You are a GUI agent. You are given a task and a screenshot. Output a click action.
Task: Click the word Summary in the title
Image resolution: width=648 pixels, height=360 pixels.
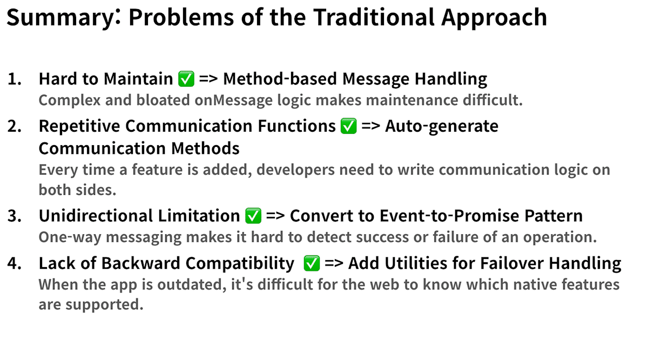pyautogui.click(x=60, y=18)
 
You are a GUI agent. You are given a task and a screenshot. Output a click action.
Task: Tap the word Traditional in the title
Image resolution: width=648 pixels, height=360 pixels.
pyautogui.click(x=374, y=17)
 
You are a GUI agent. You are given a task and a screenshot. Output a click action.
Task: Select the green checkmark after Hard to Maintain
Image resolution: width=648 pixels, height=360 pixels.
pyautogui.click(x=186, y=79)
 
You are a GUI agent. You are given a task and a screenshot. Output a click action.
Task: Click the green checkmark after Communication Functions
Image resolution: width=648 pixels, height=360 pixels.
pyautogui.click(x=349, y=126)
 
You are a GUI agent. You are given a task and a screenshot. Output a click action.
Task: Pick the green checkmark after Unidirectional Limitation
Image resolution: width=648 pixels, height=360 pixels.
pyautogui.click(x=253, y=216)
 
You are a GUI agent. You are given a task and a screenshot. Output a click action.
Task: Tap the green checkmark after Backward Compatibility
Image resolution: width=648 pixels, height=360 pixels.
pyautogui.click(x=312, y=263)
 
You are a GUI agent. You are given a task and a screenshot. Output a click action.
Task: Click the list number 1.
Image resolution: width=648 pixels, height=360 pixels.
pyautogui.click(x=15, y=79)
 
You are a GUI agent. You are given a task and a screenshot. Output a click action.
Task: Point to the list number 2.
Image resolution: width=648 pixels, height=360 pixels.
pyautogui.click(x=15, y=126)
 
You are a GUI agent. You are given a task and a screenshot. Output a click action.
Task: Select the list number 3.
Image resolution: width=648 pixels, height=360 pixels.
pyautogui.click(x=15, y=216)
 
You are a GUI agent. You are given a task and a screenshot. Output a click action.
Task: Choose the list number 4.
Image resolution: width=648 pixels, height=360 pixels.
pyautogui.click(x=15, y=263)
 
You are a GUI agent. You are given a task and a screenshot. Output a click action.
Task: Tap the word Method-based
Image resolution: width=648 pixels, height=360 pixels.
pyautogui.click(x=280, y=79)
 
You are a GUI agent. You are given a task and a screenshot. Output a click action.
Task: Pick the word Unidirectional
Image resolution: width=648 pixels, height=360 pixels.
pyautogui.click(x=96, y=216)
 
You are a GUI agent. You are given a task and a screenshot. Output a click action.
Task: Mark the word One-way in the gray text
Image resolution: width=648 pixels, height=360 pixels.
pyautogui.click(x=70, y=237)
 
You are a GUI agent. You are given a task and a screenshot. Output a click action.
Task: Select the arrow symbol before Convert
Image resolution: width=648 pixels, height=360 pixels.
pyautogui.click(x=275, y=216)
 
